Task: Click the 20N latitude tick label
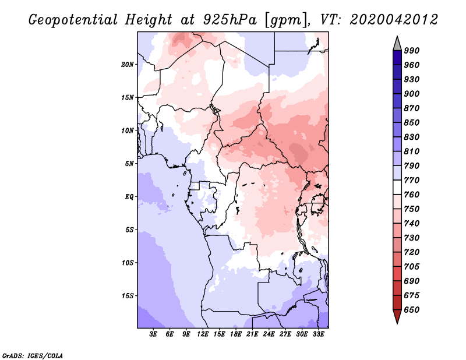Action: click(x=128, y=65)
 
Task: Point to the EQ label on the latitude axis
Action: click(x=129, y=197)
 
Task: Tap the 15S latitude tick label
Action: click(x=128, y=296)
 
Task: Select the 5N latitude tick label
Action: click(x=129, y=164)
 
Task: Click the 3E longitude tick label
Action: click(x=153, y=334)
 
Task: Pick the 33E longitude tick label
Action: click(x=318, y=334)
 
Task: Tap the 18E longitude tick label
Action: click(x=236, y=334)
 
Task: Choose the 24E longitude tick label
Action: click(x=269, y=334)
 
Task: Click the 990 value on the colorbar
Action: click(x=412, y=51)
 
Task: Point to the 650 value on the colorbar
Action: click(x=412, y=310)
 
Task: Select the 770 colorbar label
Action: click(x=412, y=180)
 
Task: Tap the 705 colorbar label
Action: click(x=412, y=267)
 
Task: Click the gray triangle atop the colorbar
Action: click(x=397, y=44)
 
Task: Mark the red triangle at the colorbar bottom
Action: click(x=397, y=316)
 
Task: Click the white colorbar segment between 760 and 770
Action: click(x=397, y=188)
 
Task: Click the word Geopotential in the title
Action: click(x=73, y=20)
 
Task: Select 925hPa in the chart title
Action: click(x=230, y=20)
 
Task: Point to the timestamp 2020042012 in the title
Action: click(x=394, y=20)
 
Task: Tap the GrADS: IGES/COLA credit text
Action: click(x=33, y=356)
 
